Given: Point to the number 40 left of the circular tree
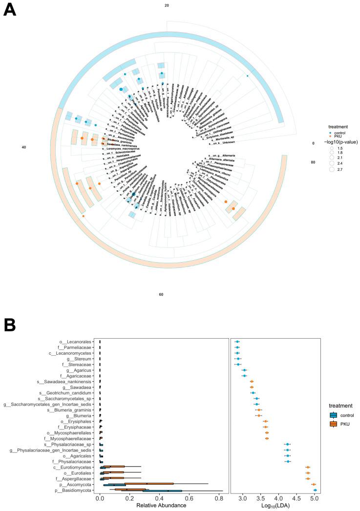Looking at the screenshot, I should pyautogui.click(x=23, y=147).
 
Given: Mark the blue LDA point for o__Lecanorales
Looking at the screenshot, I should pyautogui.click(x=237, y=342).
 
